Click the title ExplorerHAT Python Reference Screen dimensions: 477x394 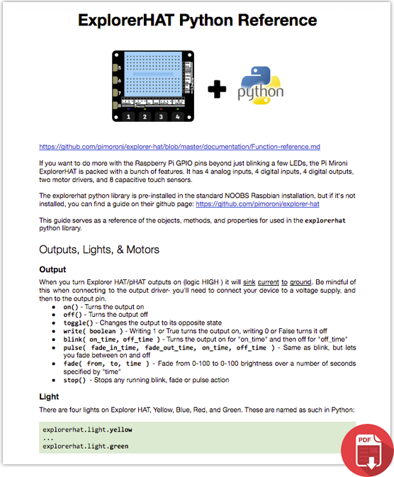point(197,19)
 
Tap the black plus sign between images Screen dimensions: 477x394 point(218,89)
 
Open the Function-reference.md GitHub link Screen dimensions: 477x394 point(179,147)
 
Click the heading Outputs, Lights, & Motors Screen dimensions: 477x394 point(98,249)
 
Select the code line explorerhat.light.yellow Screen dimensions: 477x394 point(87,430)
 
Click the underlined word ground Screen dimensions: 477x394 point(300,282)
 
